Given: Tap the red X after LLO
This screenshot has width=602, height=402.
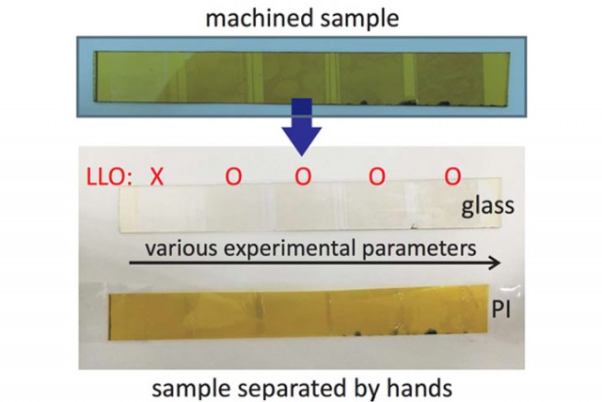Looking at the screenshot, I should (x=157, y=176).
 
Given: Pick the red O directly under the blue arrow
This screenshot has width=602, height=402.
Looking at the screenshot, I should (x=302, y=176).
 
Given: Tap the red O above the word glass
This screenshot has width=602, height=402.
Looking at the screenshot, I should (x=452, y=176).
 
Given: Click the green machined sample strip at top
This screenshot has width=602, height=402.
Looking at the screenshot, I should (x=301, y=73).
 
